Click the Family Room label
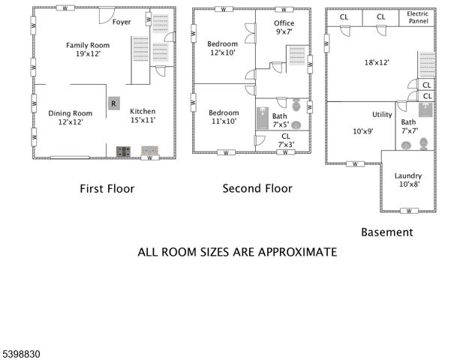83,49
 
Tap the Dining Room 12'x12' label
65,117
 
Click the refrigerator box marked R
113,103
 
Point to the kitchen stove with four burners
123,151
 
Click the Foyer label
122,22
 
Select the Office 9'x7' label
284,28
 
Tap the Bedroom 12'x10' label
222,49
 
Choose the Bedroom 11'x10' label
223,116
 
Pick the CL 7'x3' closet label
285,140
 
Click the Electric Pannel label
417,18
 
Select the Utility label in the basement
382,115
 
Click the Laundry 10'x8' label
408,180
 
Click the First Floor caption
107,188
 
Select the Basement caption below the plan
386,232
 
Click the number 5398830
23,350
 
